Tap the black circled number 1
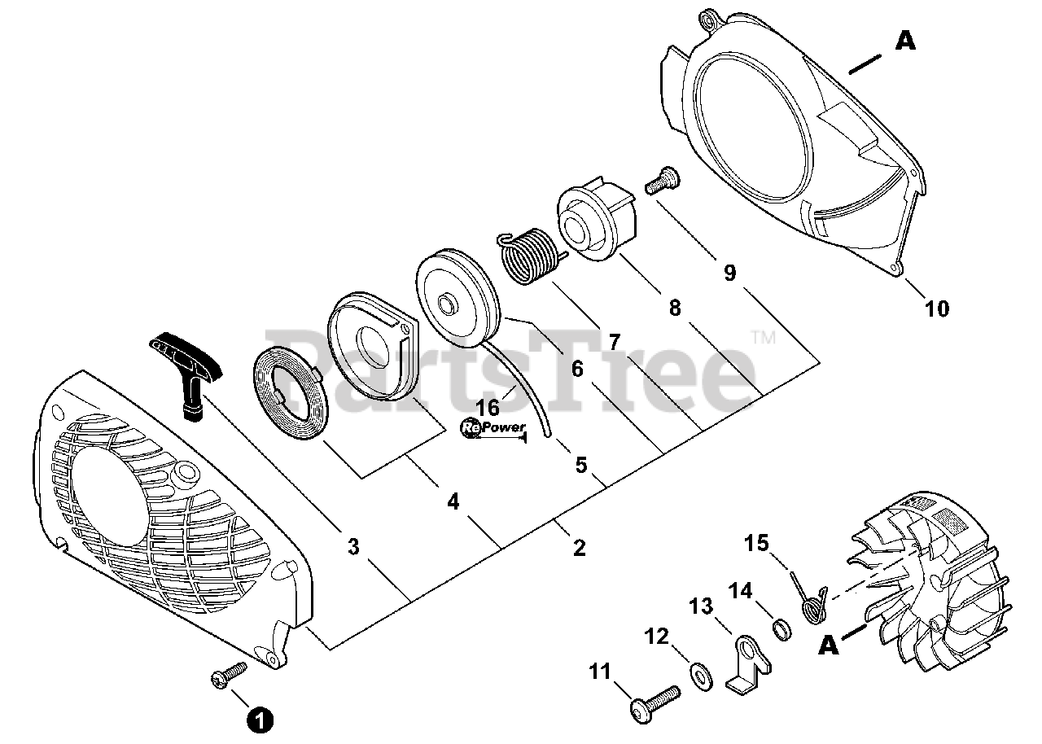pyautogui.click(x=260, y=720)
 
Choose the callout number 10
pyautogui.click(x=936, y=309)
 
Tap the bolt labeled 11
pyautogui.click(x=656, y=701)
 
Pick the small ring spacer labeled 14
pyautogui.click(x=781, y=629)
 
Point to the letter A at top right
pyautogui.click(x=905, y=41)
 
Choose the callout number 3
pyautogui.click(x=352, y=548)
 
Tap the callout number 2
pyautogui.click(x=579, y=548)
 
